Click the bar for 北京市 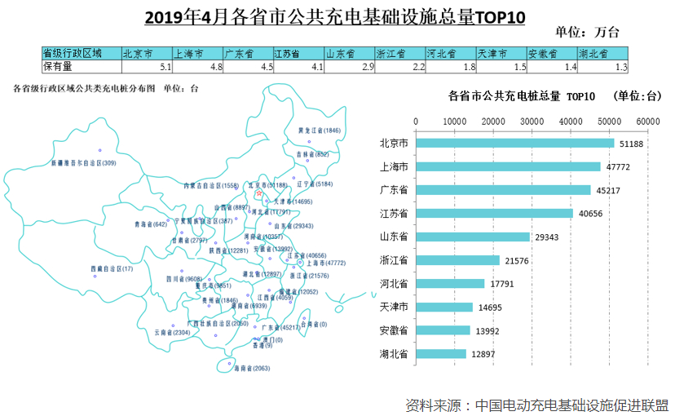click(x=515, y=144)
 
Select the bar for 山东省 click(x=473, y=237)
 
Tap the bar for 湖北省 click(x=441, y=354)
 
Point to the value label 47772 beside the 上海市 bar click(x=617, y=167)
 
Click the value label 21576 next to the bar click(x=516, y=260)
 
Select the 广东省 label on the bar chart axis click(x=394, y=190)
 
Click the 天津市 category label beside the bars click(x=394, y=308)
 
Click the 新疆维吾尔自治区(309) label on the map click(x=84, y=163)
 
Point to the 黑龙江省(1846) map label click(x=320, y=130)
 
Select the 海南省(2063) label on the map click(x=251, y=369)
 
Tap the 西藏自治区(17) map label click(x=112, y=268)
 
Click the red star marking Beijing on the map click(x=258, y=194)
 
